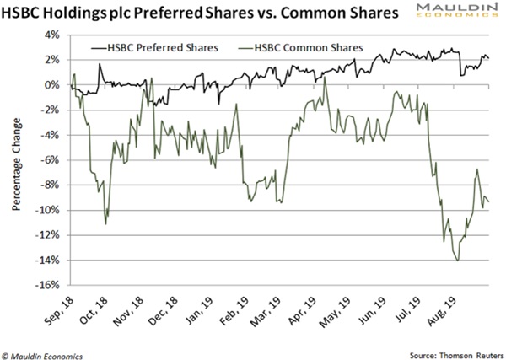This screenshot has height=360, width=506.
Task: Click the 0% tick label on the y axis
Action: coord(51,86)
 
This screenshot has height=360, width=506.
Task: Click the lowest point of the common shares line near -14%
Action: coord(458,261)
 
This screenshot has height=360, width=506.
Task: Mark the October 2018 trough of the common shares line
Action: coord(105,223)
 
